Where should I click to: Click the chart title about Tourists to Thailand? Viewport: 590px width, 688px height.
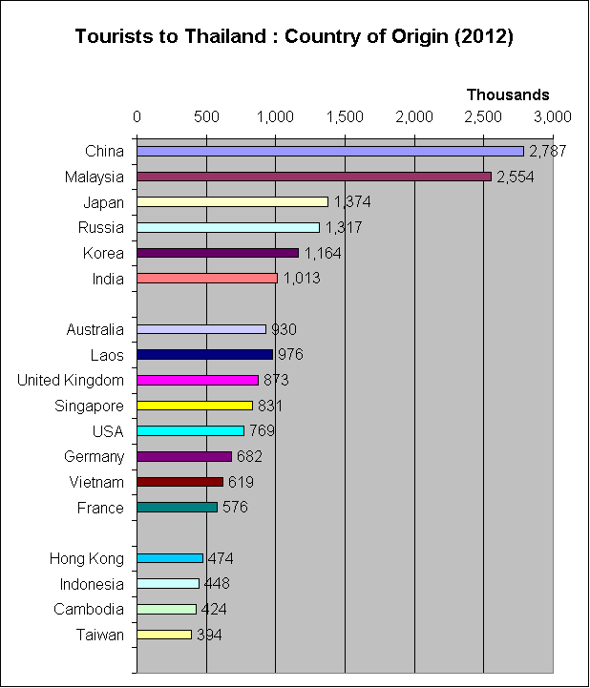294,37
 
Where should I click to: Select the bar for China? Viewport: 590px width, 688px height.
330,151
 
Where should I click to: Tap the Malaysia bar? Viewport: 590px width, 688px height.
314,177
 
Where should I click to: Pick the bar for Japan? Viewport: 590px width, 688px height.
232,202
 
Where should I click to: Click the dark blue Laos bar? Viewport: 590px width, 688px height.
204,355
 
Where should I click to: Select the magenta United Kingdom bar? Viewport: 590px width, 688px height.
198,380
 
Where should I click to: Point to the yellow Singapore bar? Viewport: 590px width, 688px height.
195,406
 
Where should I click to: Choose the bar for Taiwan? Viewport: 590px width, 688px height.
164,635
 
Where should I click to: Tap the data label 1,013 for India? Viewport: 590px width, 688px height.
302,279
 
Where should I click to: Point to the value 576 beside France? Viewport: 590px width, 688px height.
235,508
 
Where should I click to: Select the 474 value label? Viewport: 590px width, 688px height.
221,558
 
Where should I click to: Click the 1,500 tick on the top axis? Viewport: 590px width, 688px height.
345,116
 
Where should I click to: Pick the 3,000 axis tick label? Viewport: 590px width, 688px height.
552,116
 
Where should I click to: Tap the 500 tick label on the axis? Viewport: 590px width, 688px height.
206,116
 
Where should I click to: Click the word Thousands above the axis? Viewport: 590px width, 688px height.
508,94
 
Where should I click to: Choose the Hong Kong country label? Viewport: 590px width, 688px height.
87,558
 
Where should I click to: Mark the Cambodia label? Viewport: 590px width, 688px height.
90,610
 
